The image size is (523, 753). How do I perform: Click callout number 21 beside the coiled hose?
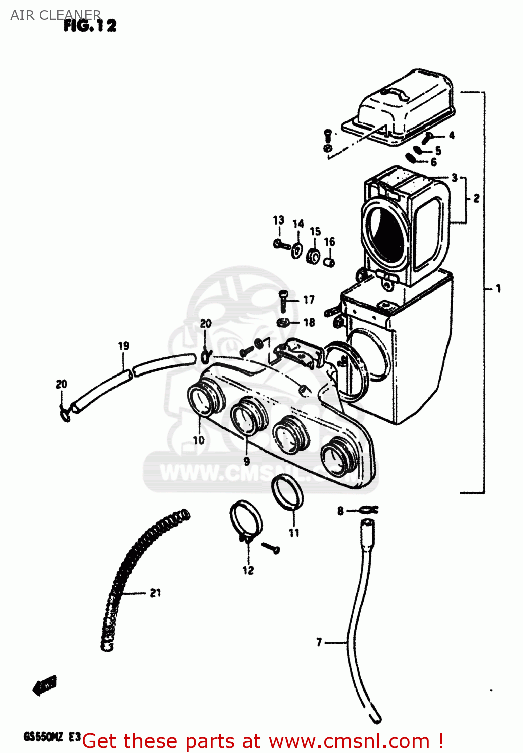click(x=155, y=593)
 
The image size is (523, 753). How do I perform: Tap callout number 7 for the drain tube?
click(x=319, y=642)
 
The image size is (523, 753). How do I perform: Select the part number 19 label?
click(x=123, y=346)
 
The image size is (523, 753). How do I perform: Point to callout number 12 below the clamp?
click(x=248, y=570)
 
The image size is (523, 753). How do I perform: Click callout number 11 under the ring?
click(x=294, y=533)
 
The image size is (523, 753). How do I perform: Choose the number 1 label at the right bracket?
click(x=498, y=288)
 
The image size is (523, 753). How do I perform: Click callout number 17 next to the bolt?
click(x=309, y=300)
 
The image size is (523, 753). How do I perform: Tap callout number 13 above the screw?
click(x=278, y=220)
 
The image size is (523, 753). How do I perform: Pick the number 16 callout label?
click(x=329, y=242)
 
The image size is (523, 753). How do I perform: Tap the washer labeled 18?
click(x=283, y=322)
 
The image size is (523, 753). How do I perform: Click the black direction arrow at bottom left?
click(x=45, y=685)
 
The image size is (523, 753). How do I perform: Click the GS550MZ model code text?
click(x=44, y=737)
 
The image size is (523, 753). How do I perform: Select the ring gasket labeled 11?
click(x=287, y=492)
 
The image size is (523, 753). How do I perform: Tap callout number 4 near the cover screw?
click(x=452, y=135)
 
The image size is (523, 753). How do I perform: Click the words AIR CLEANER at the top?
click(x=55, y=15)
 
